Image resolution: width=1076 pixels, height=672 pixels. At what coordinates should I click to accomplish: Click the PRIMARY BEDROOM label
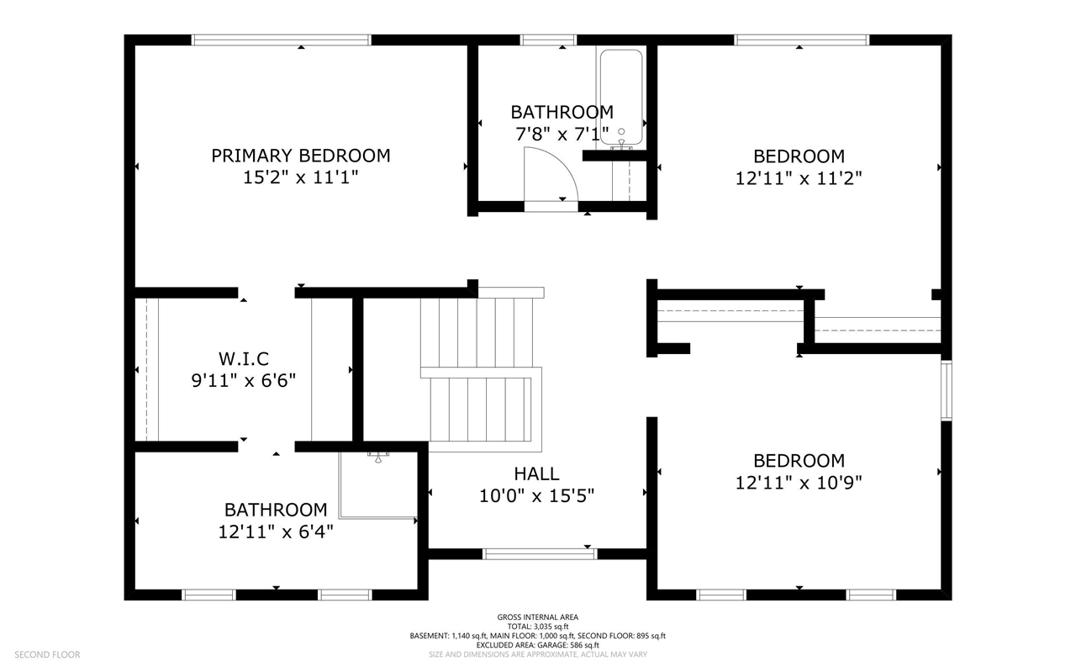click(x=300, y=156)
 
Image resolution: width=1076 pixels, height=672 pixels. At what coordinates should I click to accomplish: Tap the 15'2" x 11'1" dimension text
click(x=300, y=178)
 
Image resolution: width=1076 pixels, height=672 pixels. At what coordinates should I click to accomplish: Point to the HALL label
click(x=536, y=474)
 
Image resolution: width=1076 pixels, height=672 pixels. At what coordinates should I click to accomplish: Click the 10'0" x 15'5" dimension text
click(x=536, y=496)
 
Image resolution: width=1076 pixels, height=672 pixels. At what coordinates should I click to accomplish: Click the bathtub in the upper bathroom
click(x=620, y=97)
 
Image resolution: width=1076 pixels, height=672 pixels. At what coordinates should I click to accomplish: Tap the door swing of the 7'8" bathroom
click(x=548, y=175)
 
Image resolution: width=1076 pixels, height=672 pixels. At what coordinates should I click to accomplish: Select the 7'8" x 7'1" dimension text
click(x=562, y=134)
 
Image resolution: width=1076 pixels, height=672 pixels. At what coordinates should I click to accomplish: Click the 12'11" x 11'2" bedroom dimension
click(x=799, y=178)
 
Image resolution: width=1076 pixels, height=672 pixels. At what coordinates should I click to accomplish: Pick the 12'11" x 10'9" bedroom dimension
click(x=799, y=483)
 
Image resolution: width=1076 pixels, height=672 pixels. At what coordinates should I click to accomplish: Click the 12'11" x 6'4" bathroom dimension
click(x=276, y=532)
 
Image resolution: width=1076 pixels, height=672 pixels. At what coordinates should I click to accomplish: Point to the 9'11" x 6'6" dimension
click(x=244, y=380)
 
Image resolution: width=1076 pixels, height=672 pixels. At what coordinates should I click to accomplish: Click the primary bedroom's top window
click(x=281, y=40)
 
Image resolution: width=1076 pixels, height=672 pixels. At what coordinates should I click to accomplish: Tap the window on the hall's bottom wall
click(x=540, y=553)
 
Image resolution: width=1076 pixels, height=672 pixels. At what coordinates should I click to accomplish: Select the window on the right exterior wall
click(x=946, y=390)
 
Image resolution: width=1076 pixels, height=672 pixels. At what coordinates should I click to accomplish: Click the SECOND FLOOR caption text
click(x=47, y=654)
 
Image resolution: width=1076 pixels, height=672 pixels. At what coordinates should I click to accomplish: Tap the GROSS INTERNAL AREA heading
click(x=537, y=617)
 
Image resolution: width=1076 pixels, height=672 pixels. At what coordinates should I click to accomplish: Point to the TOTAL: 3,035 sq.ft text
click(x=537, y=627)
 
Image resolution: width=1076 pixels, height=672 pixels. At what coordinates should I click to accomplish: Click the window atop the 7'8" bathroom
click(x=548, y=40)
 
